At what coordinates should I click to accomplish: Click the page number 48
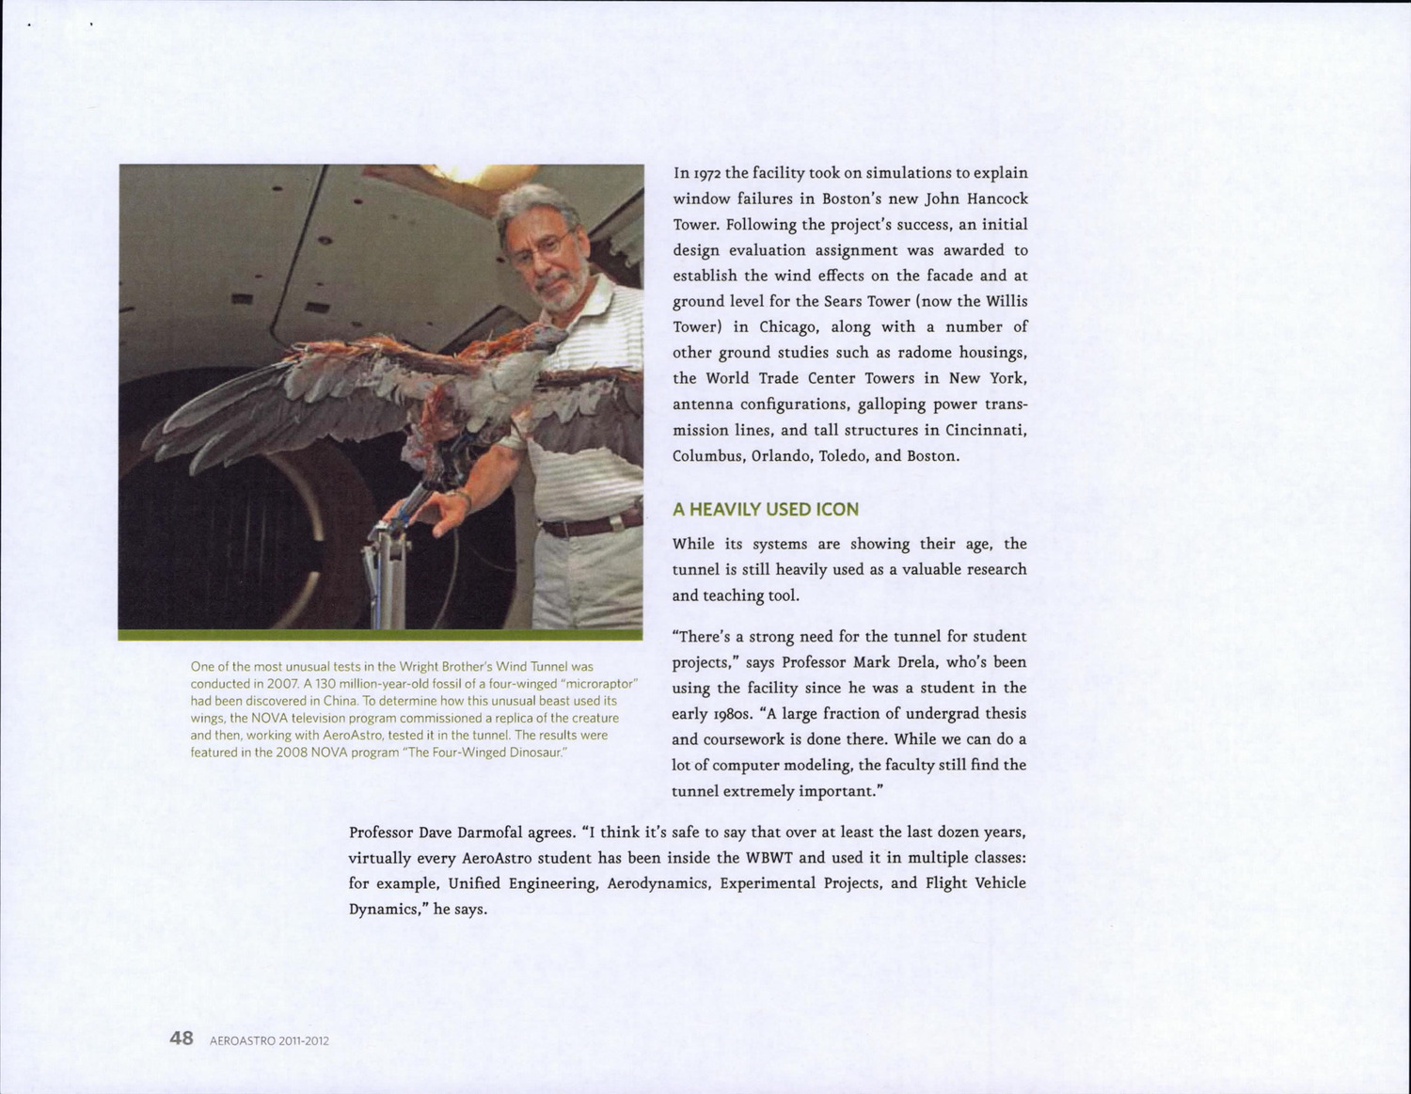182,1038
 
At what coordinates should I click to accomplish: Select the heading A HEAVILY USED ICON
765,510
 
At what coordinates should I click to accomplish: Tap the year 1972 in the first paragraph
707,173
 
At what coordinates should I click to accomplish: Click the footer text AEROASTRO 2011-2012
269,1040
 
